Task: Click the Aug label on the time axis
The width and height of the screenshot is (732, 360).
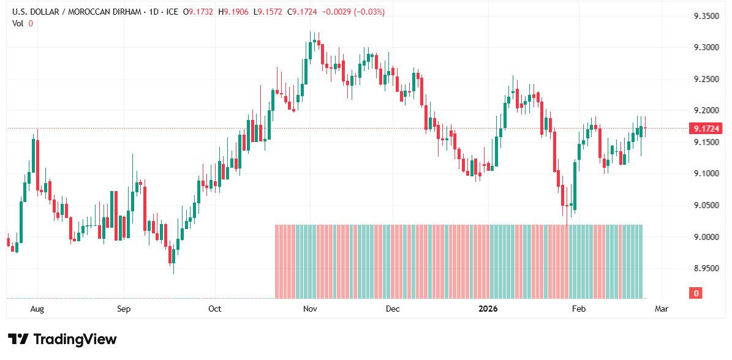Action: pos(37,309)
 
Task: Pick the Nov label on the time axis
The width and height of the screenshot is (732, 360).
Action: pos(309,309)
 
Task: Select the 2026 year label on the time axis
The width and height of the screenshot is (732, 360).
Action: pos(488,309)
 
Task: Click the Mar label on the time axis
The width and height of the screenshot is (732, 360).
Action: pos(662,309)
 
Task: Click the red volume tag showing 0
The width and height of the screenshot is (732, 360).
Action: pos(696,293)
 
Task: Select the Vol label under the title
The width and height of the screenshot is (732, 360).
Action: pos(18,23)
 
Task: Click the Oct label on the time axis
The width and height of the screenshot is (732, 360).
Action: pos(214,309)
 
